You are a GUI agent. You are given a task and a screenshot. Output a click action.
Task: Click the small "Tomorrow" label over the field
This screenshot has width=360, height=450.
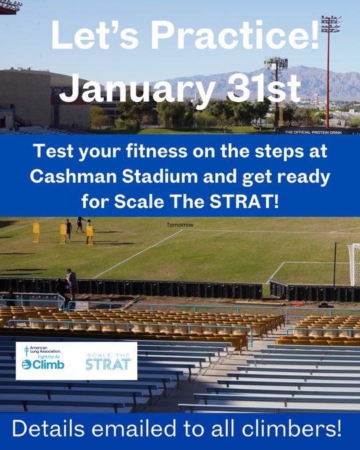pos(180,225)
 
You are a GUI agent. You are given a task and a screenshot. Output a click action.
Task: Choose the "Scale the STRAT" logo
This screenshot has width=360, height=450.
pos(107,361)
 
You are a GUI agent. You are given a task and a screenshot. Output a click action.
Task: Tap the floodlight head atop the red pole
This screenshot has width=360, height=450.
pos(330,25)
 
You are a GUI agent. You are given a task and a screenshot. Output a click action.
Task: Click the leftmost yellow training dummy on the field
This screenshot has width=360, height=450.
pos(36,232)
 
